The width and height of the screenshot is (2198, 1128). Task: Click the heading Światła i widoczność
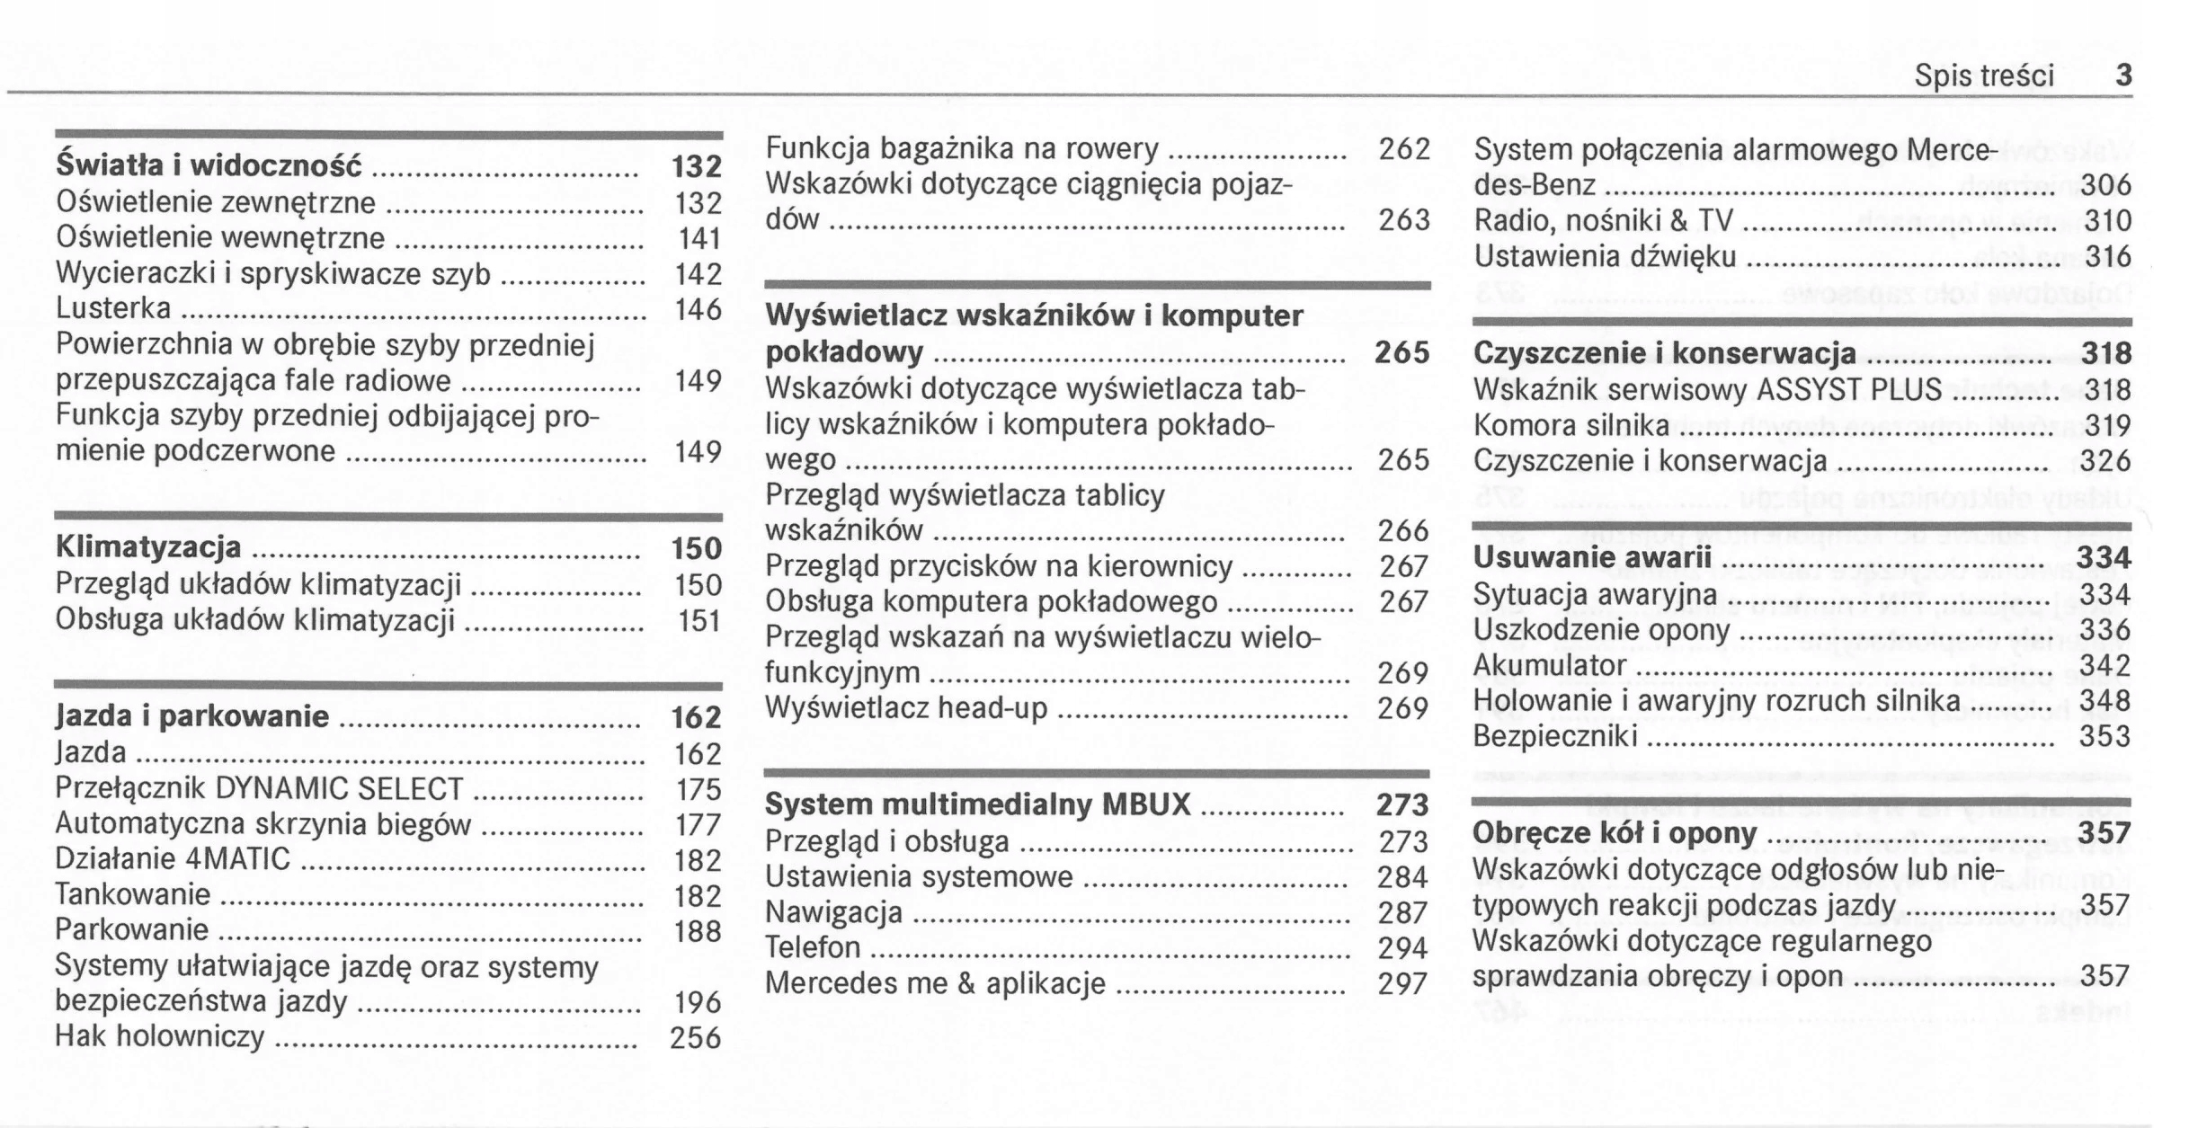(209, 166)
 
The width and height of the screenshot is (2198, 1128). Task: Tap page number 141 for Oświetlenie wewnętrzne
(699, 239)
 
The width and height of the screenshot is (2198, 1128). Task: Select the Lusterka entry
(113, 309)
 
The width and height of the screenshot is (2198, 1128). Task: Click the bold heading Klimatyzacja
(148, 547)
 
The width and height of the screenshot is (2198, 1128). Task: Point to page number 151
(699, 621)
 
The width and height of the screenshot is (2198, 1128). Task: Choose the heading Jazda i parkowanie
(191, 716)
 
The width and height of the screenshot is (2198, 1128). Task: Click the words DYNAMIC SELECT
(339, 788)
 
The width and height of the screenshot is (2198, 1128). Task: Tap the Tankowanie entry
(132, 894)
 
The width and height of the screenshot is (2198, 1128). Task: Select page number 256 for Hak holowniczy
(695, 1038)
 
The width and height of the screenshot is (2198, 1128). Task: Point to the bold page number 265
(1402, 352)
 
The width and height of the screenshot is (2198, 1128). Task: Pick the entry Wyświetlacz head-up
(906, 708)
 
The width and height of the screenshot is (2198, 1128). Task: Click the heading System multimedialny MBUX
(977, 804)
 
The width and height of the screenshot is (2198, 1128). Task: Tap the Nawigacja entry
(833, 913)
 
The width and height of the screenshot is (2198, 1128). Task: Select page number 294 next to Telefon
(1402, 948)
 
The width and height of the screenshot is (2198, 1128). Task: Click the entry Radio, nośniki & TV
(1603, 221)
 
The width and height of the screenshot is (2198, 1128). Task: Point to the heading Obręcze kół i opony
(1614, 833)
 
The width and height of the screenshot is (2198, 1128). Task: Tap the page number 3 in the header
(2123, 75)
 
